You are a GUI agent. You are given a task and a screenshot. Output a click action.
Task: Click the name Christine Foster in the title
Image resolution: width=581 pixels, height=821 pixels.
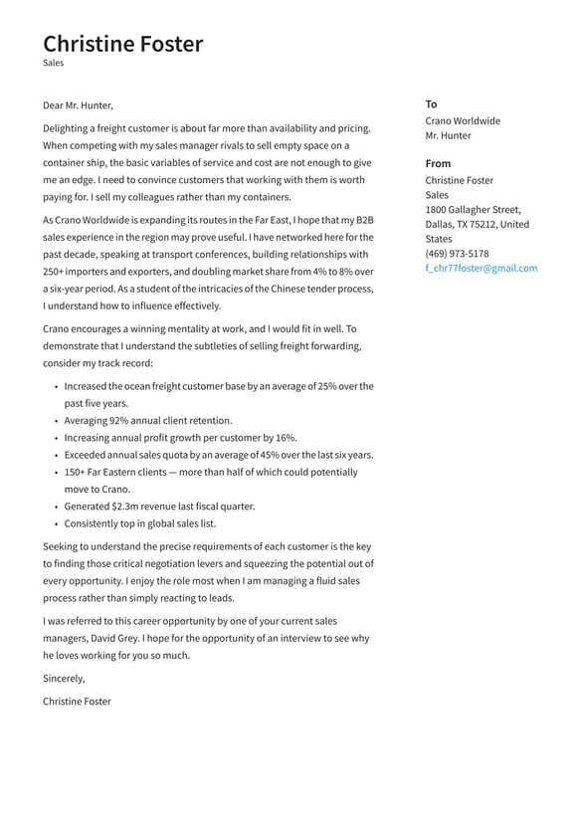[122, 44]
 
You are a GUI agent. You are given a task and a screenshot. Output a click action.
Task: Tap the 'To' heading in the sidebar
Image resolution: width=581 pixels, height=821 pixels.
[431, 103]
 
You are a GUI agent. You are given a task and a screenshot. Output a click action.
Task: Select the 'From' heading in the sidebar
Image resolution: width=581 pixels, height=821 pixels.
[438, 163]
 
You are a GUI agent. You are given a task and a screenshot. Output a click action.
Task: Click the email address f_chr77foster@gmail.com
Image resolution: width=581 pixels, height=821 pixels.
[481, 268]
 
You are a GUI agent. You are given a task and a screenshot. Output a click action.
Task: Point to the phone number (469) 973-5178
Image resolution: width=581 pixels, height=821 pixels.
[457, 254]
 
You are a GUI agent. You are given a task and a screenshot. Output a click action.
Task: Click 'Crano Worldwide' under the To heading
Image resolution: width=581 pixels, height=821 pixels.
[463, 120]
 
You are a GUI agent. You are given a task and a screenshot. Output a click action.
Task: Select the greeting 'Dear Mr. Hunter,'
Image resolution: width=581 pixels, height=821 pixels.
[78, 105]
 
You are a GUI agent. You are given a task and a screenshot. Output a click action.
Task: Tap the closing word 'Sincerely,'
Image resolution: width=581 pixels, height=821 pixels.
[64, 678]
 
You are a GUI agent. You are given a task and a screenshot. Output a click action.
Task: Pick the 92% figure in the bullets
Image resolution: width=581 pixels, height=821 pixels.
[120, 421]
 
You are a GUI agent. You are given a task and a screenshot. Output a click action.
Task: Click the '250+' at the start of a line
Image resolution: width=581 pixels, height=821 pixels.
[54, 271]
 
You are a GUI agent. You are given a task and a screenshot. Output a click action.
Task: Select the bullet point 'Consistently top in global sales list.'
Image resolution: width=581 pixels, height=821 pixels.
[139, 523]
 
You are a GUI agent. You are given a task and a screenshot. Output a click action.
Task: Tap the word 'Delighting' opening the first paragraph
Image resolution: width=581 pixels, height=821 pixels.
[66, 128]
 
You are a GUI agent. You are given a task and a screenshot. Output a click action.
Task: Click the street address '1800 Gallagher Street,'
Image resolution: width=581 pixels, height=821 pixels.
[473, 210]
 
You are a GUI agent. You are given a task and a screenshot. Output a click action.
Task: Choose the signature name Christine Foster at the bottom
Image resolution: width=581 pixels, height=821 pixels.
[77, 702]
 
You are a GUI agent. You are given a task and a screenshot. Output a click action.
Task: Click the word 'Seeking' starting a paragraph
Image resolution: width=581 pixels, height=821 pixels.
[61, 546]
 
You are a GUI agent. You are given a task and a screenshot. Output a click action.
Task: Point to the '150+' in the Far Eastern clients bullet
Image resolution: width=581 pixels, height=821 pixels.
[76, 473]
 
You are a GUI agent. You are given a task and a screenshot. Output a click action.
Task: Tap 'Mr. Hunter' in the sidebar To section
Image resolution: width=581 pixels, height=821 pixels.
[448, 135]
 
